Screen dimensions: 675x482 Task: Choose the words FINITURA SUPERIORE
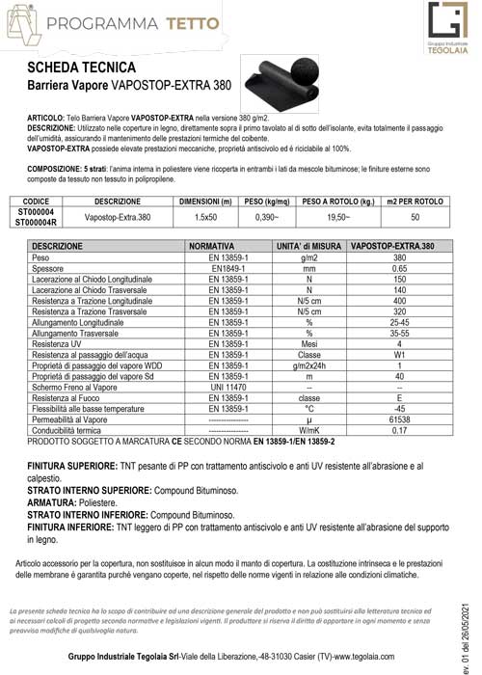tap(70, 465)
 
